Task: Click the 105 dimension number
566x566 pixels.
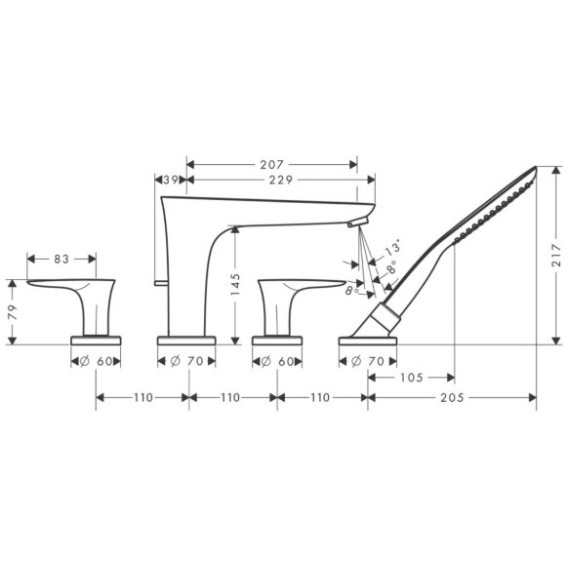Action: coord(412,377)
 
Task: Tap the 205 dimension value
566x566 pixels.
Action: coord(452,398)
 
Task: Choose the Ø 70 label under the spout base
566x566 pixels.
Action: coord(186,360)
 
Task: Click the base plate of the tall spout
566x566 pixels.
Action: coord(187,341)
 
